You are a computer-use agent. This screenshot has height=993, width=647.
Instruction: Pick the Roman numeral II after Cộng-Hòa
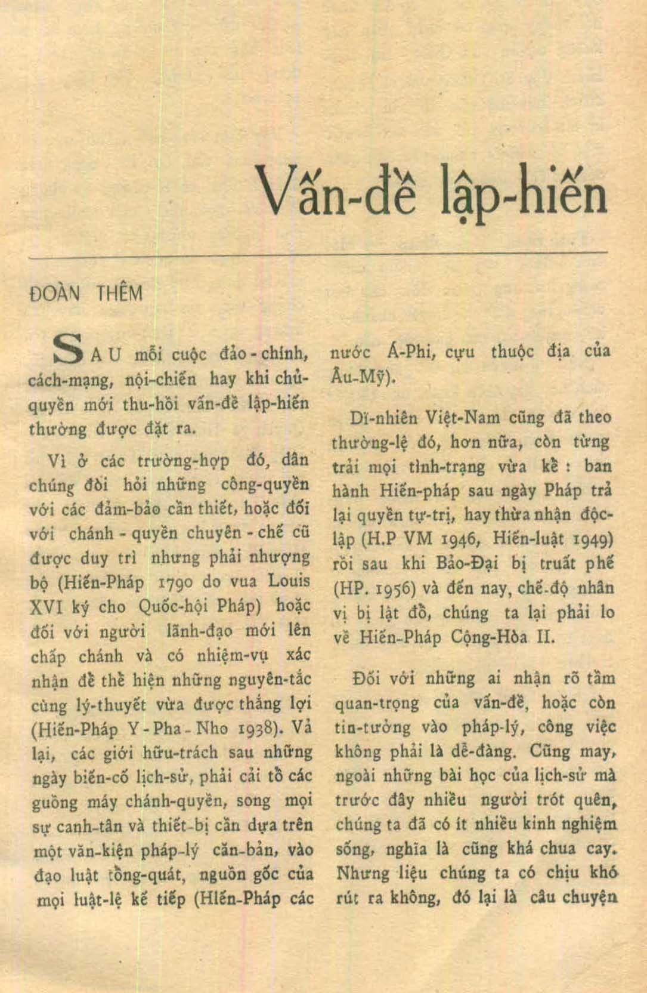coord(546,637)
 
